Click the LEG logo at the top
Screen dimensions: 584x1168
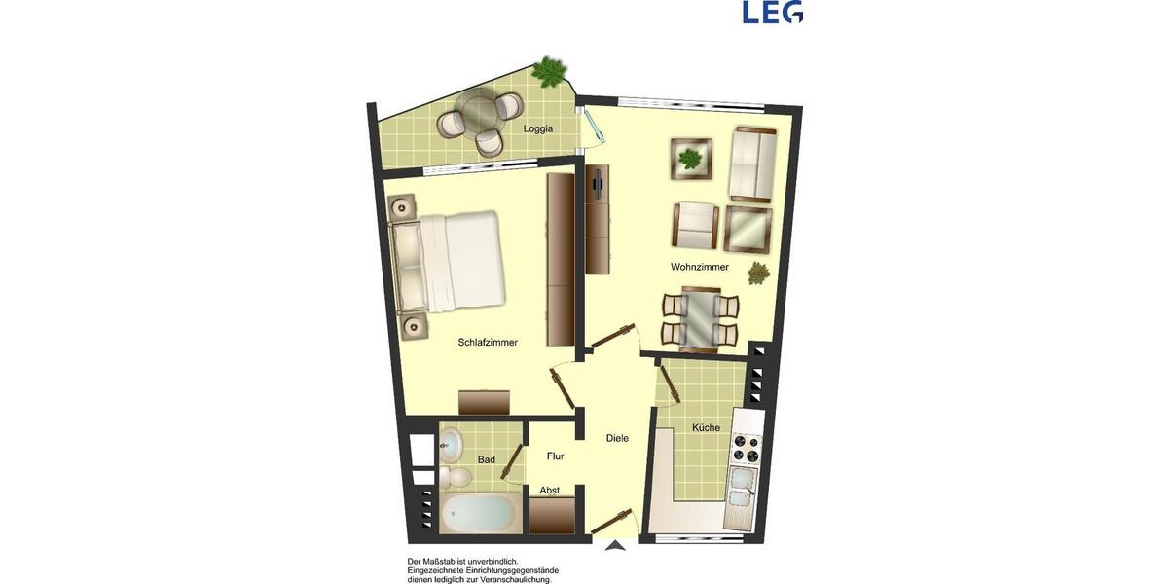(x=772, y=12)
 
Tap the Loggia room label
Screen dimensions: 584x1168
(x=537, y=128)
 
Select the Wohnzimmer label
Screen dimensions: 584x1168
(x=699, y=267)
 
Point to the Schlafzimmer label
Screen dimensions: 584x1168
(x=488, y=342)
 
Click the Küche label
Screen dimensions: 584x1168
(x=706, y=428)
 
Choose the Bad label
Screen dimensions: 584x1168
(x=487, y=459)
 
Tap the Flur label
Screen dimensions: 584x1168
(x=556, y=456)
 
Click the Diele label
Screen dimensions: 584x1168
(x=617, y=438)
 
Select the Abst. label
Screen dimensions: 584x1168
(x=551, y=491)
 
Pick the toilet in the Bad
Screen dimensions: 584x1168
(x=455, y=477)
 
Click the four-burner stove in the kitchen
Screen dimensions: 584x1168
(x=746, y=448)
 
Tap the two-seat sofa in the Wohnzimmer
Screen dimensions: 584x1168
(x=752, y=163)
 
